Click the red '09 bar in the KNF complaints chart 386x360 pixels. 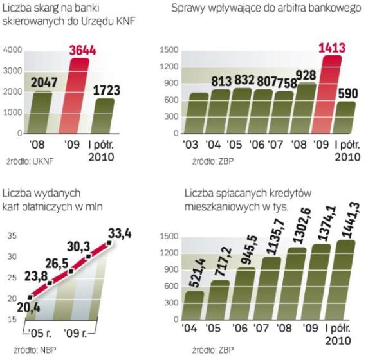pyautogui.click(x=74, y=96)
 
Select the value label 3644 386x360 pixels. pyautogui.click(x=82, y=50)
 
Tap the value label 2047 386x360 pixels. pyautogui.click(x=44, y=82)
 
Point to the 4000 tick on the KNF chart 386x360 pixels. pyautogui.click(x=13, y=50)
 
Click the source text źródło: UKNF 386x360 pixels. pyautogui.click(x=30, y=161)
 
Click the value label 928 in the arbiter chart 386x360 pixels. pyautogui.click(x=306, y=75)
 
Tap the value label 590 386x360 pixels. pyautogui.click(x=348, y=94)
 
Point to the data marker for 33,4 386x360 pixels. pyautogui.click(x=109, y=243)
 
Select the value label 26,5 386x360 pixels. pyautogui.click(x=57, y=264)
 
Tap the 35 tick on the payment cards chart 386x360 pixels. pyautogui.click(x=12, y=236)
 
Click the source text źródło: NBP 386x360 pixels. pyautogui.click(x=35, y=350)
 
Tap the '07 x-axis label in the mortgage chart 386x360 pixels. pyautogui.click(x=261, y=328)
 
